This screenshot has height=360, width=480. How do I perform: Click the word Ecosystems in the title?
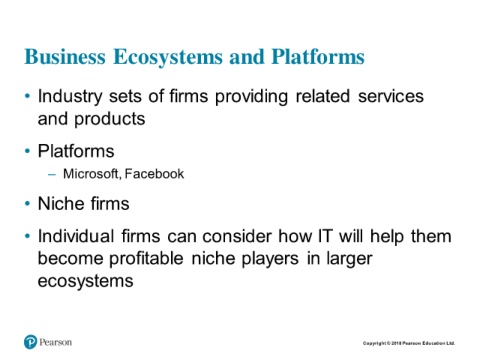pos(168,57)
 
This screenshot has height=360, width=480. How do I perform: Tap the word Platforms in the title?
pos(318,57)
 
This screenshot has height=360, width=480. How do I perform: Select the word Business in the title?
pos(65,56)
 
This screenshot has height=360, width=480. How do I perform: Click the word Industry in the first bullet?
pos(70,97)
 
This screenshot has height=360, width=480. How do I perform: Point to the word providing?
pos(251,97)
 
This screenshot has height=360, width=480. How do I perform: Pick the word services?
pos(391,96)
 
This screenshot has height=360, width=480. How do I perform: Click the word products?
pos(110,119)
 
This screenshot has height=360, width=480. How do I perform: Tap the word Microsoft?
pos(91,174)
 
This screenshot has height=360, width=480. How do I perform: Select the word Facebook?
pos(154,174)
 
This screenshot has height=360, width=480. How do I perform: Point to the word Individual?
pos(76,236)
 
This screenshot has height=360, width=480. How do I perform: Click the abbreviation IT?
pos(325,236)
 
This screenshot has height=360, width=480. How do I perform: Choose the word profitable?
pos(146,259)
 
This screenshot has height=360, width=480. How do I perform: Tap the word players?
pos(270,259)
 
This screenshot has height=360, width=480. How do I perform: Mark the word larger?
pos(349,259)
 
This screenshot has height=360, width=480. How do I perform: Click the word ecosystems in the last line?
pos(85,282)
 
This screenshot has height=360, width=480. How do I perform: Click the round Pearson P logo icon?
pos(31,342)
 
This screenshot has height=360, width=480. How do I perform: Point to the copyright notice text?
pos(409,343)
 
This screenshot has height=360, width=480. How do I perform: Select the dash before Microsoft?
pos(52,174)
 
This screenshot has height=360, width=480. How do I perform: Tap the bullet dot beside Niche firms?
pos(27,204)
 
